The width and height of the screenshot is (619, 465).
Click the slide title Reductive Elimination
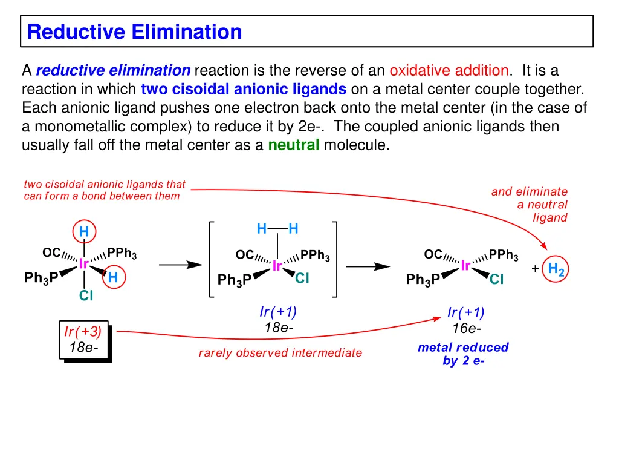134,31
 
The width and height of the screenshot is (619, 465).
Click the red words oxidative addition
449,71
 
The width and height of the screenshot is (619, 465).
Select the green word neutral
293,145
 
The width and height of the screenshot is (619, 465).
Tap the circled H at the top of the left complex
84,231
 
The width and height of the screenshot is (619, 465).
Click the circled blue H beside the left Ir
112,277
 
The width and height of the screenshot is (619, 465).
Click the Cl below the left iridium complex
86,296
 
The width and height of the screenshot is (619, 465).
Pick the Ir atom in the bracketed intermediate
277,266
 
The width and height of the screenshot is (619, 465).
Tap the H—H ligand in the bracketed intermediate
277,229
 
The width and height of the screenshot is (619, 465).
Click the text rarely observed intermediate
280,353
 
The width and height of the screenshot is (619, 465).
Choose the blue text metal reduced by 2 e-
463,354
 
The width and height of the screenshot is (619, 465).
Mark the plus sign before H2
535,269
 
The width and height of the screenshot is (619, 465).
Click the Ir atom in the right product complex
465,266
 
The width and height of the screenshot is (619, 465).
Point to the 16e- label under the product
467,329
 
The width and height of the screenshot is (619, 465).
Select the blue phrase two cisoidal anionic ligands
243,90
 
